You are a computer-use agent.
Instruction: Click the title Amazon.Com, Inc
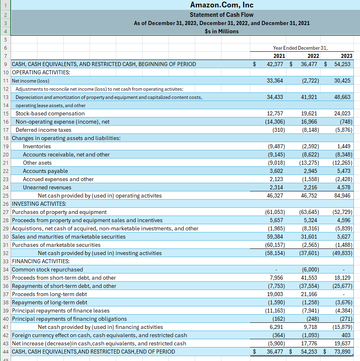[x=222, y=5]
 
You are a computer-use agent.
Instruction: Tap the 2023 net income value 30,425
[x=342, y=80]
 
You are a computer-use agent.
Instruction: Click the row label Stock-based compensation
[x=50, y=113]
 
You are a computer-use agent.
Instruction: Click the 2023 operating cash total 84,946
[x=342, y=195]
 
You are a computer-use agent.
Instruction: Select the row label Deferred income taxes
[x=44, y=130]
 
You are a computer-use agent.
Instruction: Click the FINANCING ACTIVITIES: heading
[x=41, y=261]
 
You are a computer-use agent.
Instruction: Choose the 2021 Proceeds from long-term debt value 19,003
[x=275, y=294]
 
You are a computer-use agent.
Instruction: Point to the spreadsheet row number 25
[x=6, y=195]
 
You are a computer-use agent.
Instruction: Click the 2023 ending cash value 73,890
[x=342, y=352]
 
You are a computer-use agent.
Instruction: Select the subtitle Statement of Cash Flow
[x=222, y=15]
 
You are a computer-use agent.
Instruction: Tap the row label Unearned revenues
[x=47, y=187]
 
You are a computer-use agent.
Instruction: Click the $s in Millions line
[x=222, y=31]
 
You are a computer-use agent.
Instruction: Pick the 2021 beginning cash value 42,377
[x=275, y=64]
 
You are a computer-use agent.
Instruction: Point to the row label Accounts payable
[x=46, y=171]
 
